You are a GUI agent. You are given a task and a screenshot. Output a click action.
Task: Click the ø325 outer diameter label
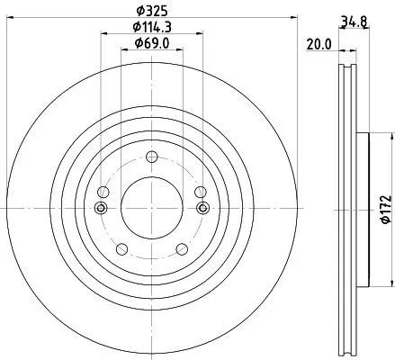coord(150,10)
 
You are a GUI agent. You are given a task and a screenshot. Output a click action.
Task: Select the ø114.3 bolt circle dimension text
coord(150,28)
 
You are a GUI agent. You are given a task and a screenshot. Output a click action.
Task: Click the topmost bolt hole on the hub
coord(151,158)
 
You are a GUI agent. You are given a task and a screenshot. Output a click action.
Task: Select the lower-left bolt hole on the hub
coord(121,248)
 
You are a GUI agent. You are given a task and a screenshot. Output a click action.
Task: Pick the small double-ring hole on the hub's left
coord(101,210)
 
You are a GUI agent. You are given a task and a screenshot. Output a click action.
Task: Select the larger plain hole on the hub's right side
coord(199,192)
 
